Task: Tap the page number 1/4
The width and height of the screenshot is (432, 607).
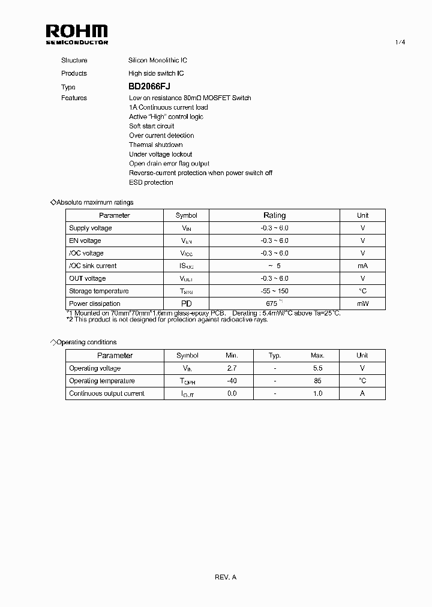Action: tap(400, 42)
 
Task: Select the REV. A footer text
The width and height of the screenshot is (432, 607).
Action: tap(226, 577)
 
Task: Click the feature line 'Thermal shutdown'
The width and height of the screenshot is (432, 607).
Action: tap(156, 145)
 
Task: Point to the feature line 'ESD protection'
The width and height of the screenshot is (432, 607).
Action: tap(151, 182)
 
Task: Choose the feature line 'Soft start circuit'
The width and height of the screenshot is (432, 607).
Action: tap(152, 126)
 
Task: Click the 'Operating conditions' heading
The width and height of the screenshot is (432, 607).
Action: tap(86, 342)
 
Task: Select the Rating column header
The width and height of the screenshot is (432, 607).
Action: tap(275, 215)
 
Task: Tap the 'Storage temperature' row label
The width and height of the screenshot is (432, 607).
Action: tap(98, 291)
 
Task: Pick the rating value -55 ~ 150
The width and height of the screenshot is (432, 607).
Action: tap(275, 291)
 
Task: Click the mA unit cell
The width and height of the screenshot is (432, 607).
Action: tap(362, 266)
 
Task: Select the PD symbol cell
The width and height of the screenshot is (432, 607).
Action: tap(186, 303)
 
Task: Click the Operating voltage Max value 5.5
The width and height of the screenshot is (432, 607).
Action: tap(317, 368)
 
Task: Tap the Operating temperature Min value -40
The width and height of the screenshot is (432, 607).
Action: tap(232, 381)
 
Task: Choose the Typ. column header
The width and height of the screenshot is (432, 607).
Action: tap(275, 356)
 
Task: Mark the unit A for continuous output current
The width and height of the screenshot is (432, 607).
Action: tap(362, 393)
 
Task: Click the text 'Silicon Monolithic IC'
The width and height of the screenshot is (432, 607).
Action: tap(158, 61)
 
